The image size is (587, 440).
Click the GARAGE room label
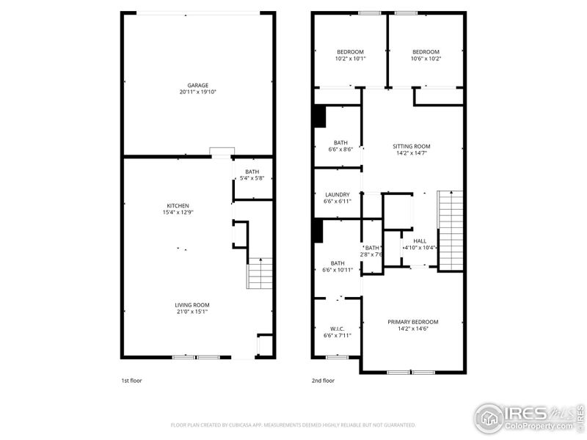tap(198, 85)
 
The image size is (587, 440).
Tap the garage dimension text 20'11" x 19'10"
tap(198, 92)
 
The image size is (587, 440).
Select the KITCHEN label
tap(178, 205)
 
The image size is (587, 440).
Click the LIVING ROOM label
tap(192, 305)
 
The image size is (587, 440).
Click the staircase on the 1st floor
tap(260, 276)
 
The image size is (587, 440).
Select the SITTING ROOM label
tap(411, 146)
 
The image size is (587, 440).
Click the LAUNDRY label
tap(338, 194)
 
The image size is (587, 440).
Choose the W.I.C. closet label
tap(338, 328)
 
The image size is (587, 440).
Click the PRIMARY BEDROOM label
tap(412, 322)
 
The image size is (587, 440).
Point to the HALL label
tap(420, 241)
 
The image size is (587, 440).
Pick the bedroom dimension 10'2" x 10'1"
tap(350, 59)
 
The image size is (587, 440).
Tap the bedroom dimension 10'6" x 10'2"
tap(426, 59)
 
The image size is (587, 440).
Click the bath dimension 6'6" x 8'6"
tap(340, 150)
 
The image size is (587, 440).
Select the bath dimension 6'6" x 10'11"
tap(338, 270)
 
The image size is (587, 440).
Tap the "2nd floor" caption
tap(323, 381)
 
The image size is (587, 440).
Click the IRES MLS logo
tap(528, 417)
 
